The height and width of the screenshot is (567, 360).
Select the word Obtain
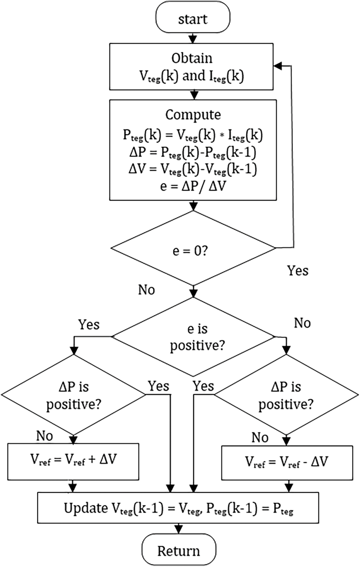coord(192,58)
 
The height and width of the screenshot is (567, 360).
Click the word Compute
coord(193,115)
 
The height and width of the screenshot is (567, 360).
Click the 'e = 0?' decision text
coord(190,252)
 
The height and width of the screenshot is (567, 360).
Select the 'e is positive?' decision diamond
coord(193,337)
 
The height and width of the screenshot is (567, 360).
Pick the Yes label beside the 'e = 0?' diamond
coord(298,271)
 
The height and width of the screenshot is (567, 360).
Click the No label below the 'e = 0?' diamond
coord(147,290)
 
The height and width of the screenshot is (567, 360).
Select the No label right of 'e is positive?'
coord(302,323)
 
